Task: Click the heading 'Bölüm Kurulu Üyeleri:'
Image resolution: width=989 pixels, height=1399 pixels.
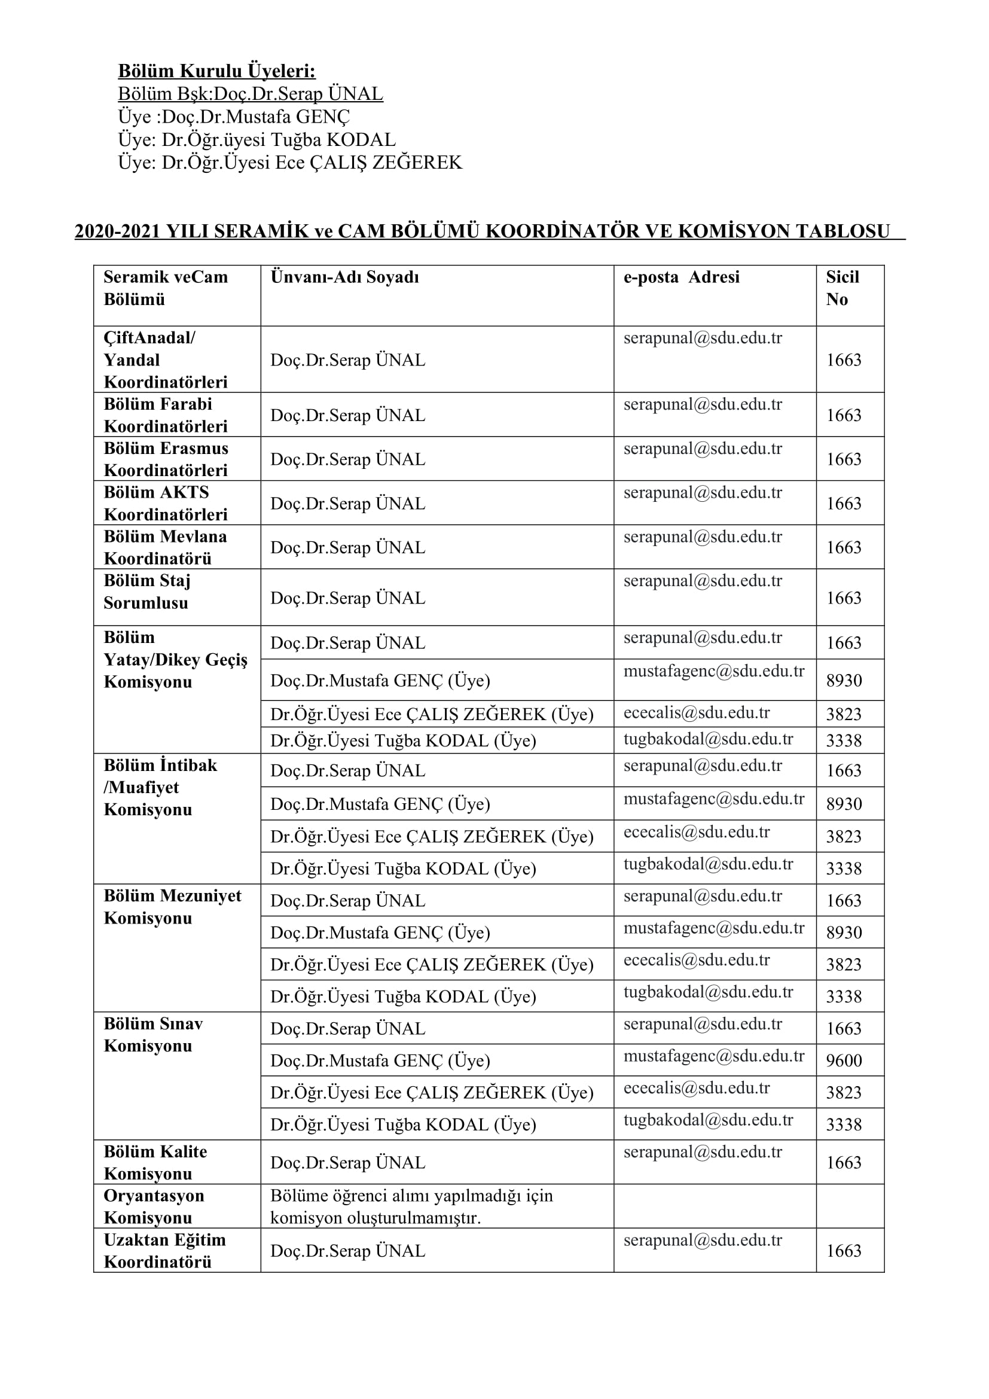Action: click(x=216, y=71)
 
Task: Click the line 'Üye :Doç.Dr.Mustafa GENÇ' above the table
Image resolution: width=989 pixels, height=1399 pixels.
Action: click(x=234, y=117)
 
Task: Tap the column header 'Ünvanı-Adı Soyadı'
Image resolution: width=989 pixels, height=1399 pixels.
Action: click(x=344, y=278)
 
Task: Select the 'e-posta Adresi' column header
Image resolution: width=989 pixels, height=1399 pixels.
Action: click(x=681, y=278)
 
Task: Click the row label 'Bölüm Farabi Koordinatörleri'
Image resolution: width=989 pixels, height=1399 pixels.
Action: click(x=165, y=415)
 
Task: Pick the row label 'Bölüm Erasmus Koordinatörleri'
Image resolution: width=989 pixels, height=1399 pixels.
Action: click(x=166, y=459)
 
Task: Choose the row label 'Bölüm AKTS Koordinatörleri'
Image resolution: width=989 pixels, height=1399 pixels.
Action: click(x=165, y=503)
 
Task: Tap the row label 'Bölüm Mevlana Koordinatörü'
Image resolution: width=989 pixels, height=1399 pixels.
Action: click(x=165, y=547)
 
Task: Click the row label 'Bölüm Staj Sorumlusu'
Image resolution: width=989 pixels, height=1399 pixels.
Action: click(x=146, y=592)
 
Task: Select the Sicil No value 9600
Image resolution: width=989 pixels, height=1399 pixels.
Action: click(x=844, y=1060)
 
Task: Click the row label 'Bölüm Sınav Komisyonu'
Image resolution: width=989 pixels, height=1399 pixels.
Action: click(x=153, y=1035)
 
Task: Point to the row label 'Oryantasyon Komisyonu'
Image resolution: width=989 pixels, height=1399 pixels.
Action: click(x=154, y=1206)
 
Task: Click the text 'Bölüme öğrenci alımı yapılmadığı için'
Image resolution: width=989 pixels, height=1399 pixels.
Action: click(x=411, y=1196)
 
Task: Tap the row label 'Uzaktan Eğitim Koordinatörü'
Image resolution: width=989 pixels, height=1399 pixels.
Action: click(x=164, y=1250)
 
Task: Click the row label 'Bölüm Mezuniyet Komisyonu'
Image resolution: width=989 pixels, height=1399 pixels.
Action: click(x=172, y=907)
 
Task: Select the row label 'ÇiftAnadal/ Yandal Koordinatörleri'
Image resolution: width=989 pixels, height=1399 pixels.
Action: click(x=165, y=359)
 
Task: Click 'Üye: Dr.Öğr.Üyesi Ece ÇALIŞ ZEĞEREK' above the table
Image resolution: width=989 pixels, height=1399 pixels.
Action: click(x=290, y=163)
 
